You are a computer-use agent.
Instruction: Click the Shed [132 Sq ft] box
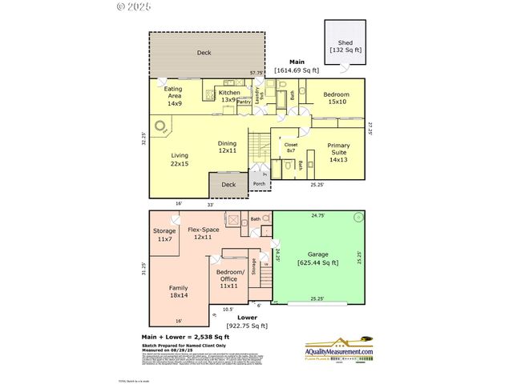click(345, 46)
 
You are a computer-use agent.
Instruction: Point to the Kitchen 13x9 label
click(230, 96)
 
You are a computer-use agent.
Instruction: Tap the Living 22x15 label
click(179, 159)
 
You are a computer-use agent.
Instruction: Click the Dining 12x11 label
click(227, 147)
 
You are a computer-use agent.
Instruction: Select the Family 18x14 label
click(179, 291)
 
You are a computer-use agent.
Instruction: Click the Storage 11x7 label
click(165, 235)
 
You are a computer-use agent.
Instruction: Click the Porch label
click(259, 184)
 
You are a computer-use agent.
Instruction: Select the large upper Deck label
click(204, 54)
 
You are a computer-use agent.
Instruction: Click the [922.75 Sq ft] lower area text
click(248, 326)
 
